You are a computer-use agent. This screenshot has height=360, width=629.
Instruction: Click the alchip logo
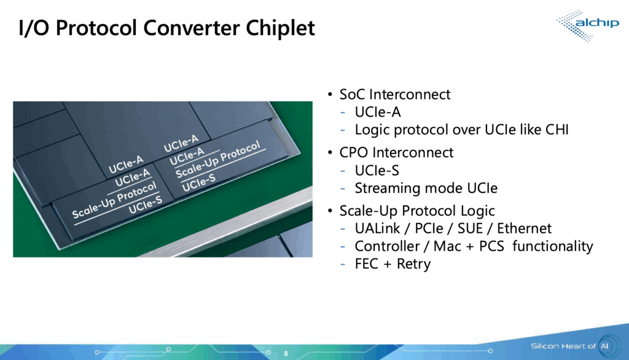[x=584, y=25]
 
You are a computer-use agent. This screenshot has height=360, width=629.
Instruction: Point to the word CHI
[x=555, y=130]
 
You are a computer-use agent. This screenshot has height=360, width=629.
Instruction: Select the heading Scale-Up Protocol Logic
[x=417, y=211]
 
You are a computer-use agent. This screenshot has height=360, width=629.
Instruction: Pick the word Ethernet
[x=525, y=229]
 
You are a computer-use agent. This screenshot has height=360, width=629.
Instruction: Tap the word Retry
[x=414, y=264]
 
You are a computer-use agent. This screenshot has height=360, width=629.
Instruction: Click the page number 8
[x=286, y=354]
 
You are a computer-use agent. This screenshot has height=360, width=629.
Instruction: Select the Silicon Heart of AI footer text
[x=564, y=346]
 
